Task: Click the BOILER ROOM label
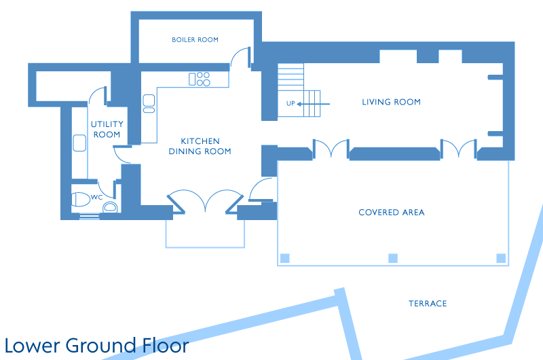[195, 40]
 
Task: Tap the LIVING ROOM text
[392, 102]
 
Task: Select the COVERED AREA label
[392, 213]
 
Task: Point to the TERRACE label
[428, 304]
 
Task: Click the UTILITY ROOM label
[107, 129]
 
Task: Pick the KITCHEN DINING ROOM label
[200, 146]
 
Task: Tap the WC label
[96, 197]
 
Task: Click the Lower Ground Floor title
[96, 346]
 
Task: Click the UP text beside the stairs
[291, 104]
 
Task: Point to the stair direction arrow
[314, 104]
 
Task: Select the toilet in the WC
[81, 199]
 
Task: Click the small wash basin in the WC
[110, 207]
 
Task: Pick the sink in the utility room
[79, 143]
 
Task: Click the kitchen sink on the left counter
[149, 104]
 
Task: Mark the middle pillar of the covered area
[393, 258]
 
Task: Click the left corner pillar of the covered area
[284, 258]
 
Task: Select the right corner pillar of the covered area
[501, 258]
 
